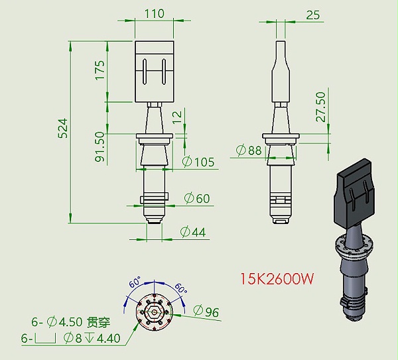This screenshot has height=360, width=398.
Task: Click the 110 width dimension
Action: pyautogui.click(x=154, y=13)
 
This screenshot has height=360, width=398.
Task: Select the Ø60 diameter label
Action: pyautogui.click(x=197, y=198)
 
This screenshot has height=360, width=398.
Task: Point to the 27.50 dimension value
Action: pyautogui.click(x=320, y=106)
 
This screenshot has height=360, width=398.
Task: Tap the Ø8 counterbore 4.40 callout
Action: pyautogui.click(x=92, y=338)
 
